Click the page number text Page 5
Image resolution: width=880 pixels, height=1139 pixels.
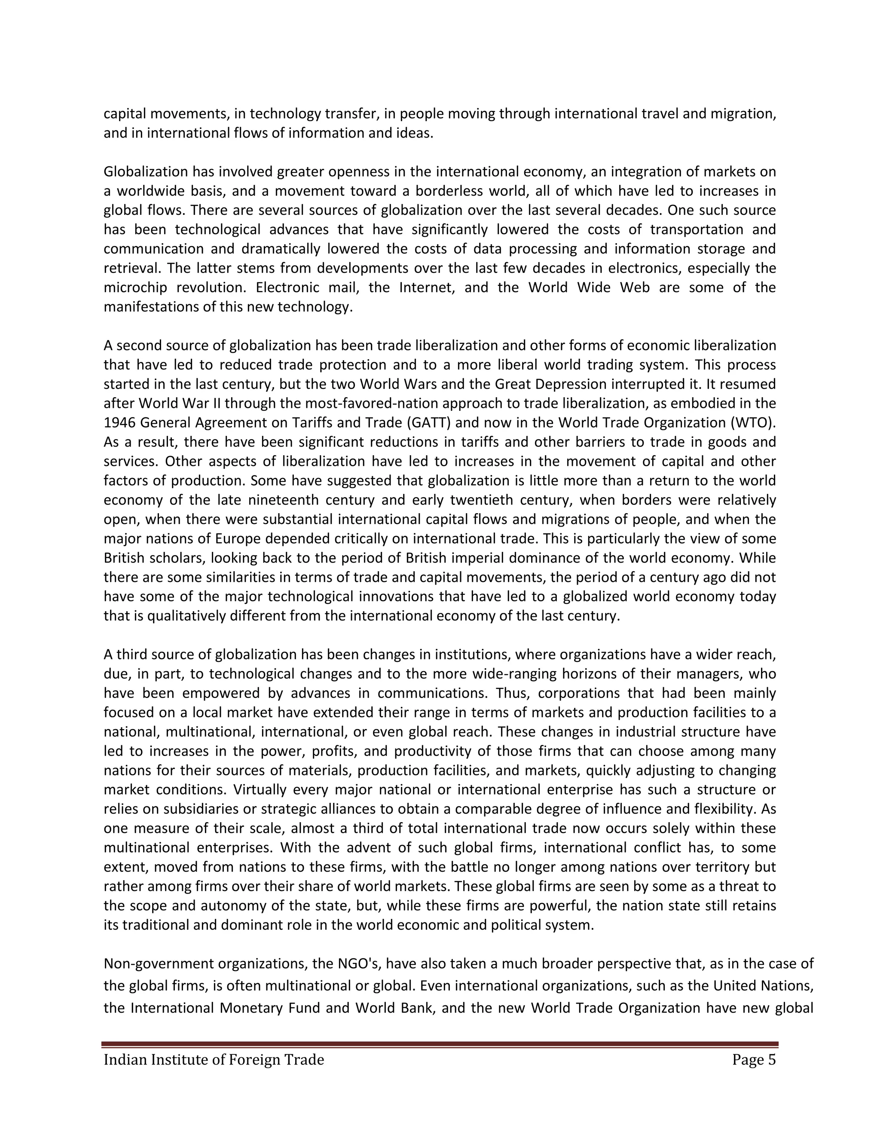pos(753,1060)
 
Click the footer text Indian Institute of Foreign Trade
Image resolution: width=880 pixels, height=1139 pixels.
pos(214,1060)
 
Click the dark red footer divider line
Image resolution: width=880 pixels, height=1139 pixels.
pos(440,1044)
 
